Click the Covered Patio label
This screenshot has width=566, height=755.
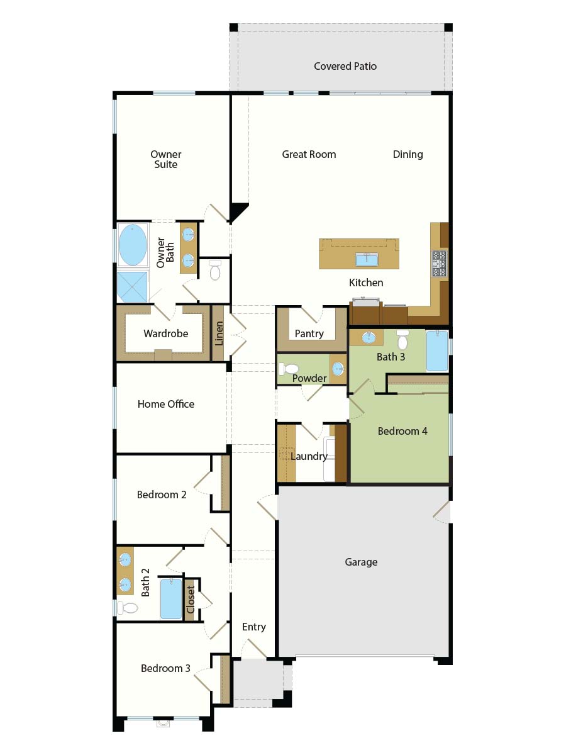[345, 66]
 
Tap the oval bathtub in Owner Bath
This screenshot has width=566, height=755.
[133, 245]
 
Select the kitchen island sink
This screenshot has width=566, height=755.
[367, 260]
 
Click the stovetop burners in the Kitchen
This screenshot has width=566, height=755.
[439, 264]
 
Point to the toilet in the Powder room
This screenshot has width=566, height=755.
[288, 369]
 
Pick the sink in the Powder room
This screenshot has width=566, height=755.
[338, 369]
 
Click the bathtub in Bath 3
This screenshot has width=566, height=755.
[437, 350]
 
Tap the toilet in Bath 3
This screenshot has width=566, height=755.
[402, 340]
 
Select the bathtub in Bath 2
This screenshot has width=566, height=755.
[171, 599]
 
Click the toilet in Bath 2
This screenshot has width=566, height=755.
[128, 608]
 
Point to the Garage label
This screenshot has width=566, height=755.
[361, 562]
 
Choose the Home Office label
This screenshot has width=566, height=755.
[165, 404]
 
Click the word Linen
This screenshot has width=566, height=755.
[219, 333]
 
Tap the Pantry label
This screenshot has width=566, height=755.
[309, 333]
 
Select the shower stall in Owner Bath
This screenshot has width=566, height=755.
[133, 288]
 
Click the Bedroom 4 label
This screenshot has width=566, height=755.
[402, 431]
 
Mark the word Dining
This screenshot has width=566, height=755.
[408, 154]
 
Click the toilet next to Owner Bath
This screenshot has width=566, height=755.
[215, 270]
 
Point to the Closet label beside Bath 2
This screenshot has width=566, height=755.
[191, 600]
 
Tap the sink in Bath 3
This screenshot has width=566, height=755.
[369, 338]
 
